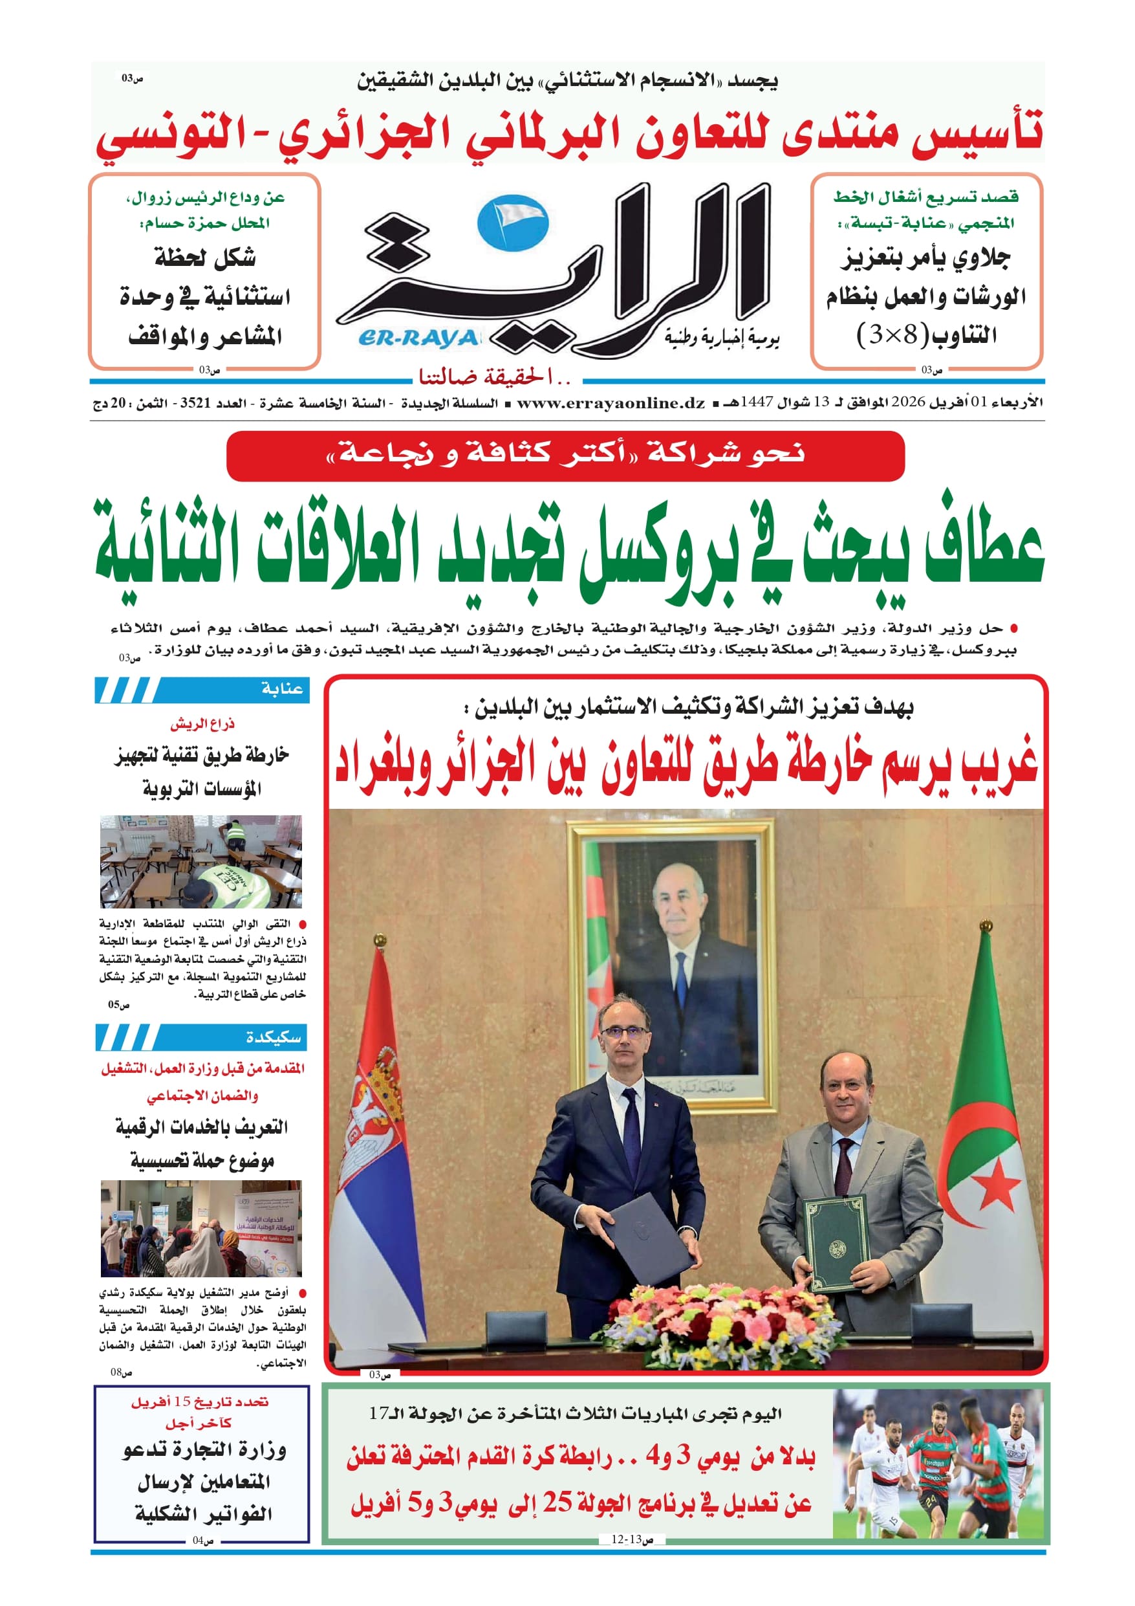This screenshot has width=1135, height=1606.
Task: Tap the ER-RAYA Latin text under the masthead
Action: (418, 339)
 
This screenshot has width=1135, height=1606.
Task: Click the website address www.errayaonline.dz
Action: (611, 403)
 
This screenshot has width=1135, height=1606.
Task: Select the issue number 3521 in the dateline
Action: (194, 403)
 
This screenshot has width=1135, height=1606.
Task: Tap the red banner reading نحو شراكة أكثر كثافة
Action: (565, 456)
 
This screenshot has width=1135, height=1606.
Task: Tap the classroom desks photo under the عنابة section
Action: (200, 861)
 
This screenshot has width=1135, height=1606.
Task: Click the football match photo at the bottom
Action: (938, 1463)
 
